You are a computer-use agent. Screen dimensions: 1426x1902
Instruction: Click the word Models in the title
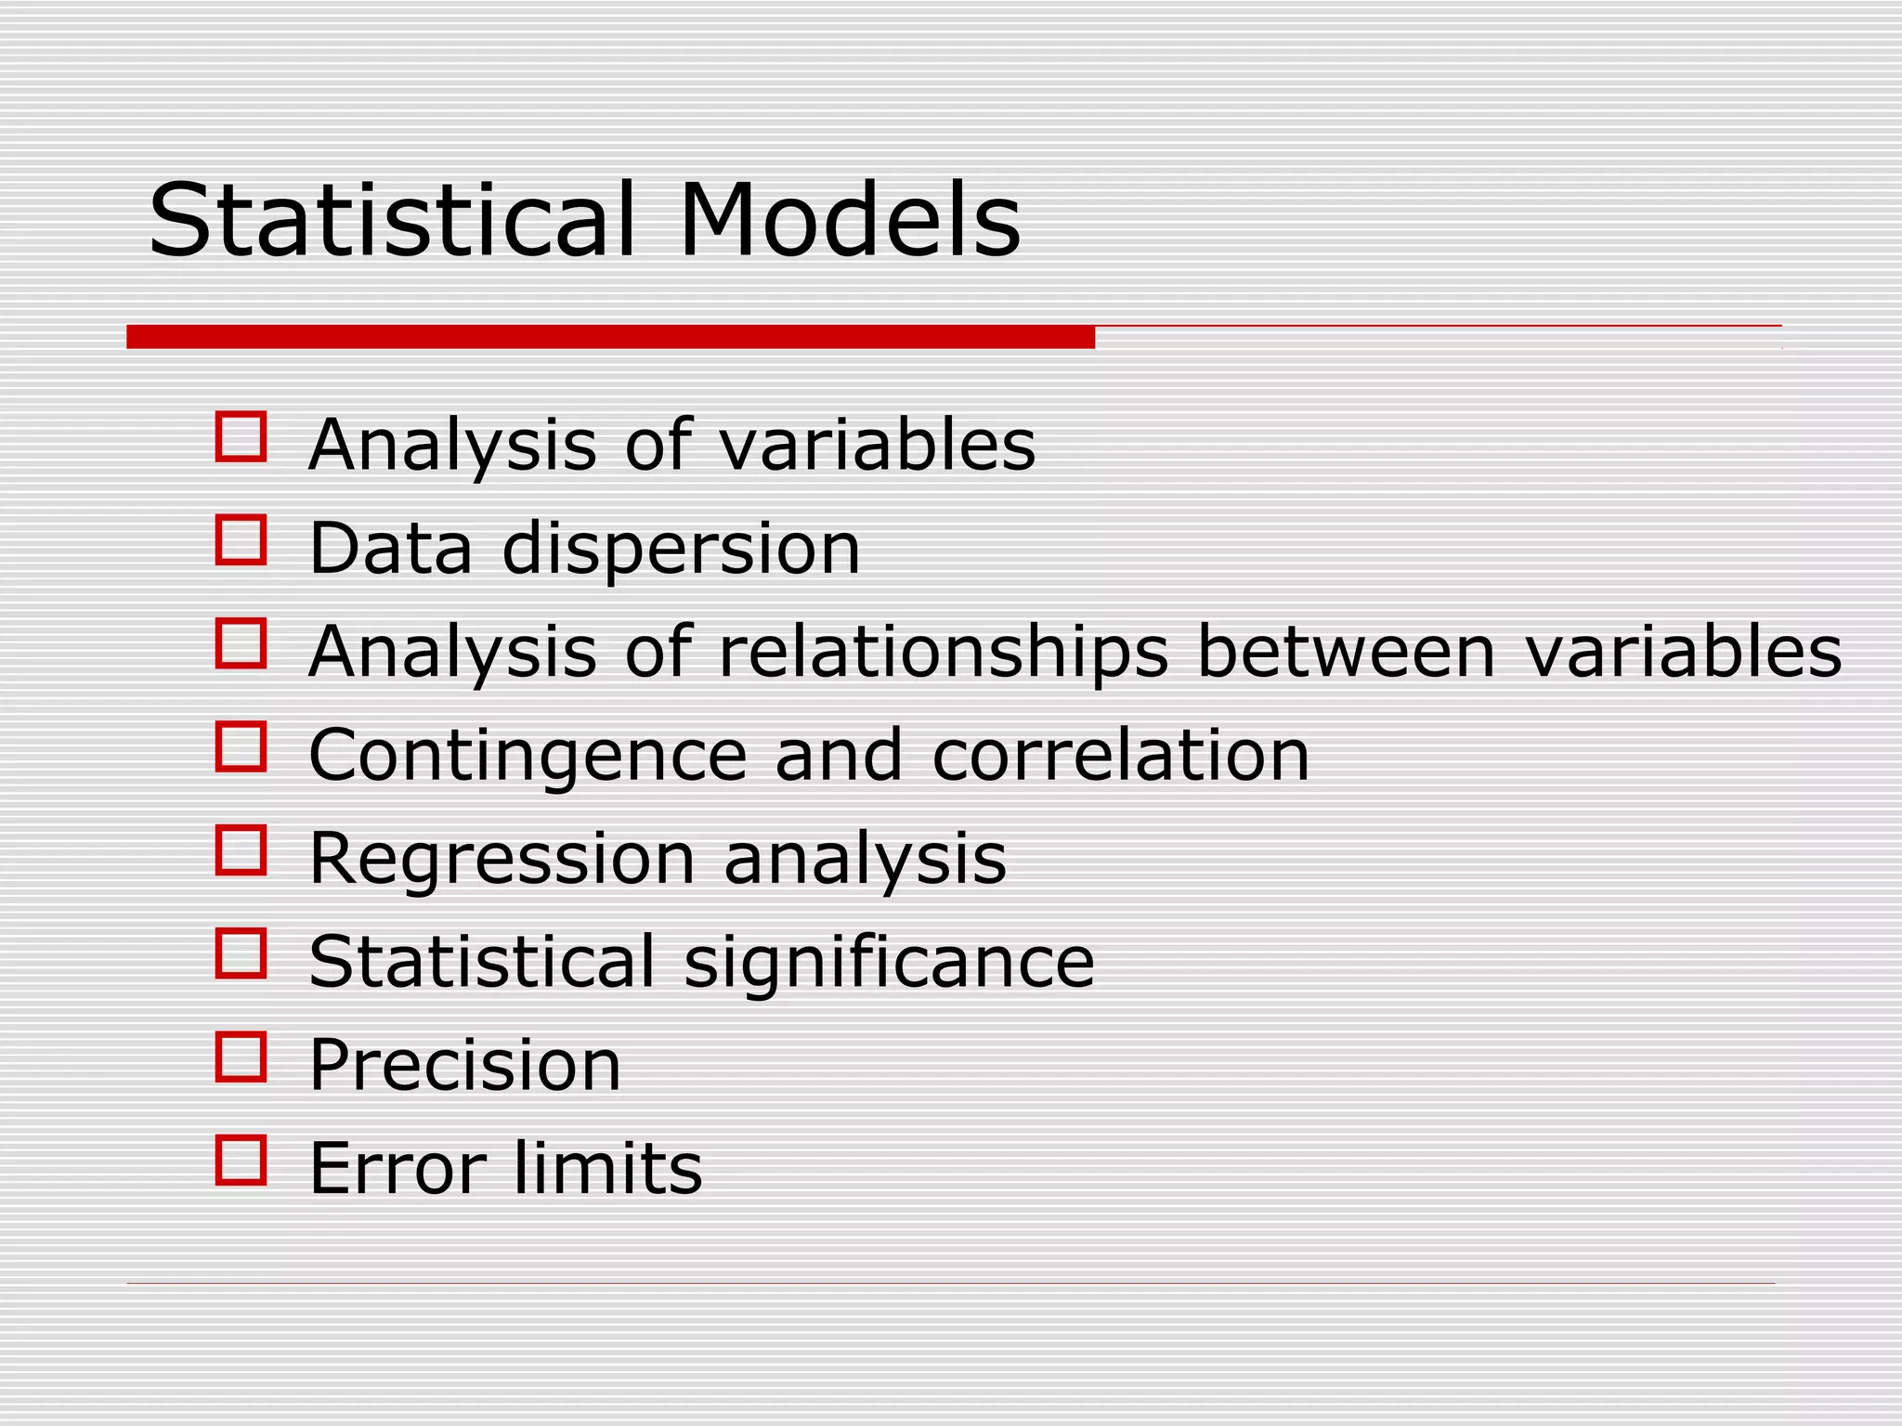pos(849,221)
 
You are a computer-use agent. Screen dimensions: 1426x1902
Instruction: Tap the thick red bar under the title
pos(610,337)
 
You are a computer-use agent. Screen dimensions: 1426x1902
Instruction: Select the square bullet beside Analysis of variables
pos(241,436)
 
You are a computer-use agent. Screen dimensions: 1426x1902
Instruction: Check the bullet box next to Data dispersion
pos(241,540)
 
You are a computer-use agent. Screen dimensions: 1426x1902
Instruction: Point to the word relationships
pos(943,653)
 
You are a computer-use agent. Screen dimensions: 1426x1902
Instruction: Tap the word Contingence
pos(527,756)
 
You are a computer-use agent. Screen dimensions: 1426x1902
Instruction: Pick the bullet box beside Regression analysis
pos(241,850)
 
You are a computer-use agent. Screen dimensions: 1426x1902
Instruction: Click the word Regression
pos(502,859)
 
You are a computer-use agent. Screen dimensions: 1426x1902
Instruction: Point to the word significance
pos(889,963)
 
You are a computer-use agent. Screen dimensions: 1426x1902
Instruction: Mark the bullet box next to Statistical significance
pos(241,953)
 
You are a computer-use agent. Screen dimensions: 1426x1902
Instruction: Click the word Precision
pos(464,1065)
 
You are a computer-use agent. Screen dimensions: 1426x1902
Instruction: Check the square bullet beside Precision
pos(241,1057)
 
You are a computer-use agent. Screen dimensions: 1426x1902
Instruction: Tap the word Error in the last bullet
pos(397,1168)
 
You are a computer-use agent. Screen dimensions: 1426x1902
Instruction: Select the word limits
pos(607,1168)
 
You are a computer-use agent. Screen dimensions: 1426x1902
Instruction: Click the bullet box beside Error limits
pos(241,1160)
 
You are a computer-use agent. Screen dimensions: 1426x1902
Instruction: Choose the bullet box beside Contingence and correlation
pos(241,746)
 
